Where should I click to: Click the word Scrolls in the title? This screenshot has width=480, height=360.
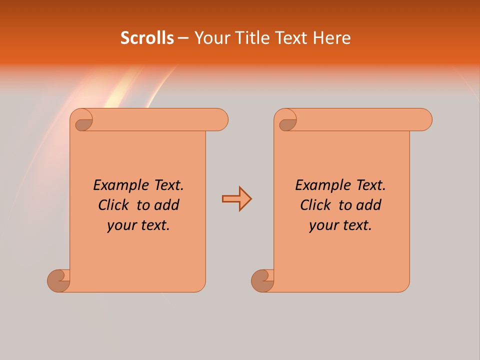(147, 38)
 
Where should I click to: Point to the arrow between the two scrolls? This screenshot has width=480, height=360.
(237, 199)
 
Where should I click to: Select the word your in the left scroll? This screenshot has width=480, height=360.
(120, 225)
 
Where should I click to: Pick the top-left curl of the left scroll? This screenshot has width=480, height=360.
(82, 120)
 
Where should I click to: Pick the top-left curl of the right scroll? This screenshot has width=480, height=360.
(286, 120)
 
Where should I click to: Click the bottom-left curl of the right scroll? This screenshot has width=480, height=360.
(263, 280)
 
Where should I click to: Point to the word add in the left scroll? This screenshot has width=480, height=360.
(167, 205)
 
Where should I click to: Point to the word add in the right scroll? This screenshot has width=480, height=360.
(369, 205)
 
